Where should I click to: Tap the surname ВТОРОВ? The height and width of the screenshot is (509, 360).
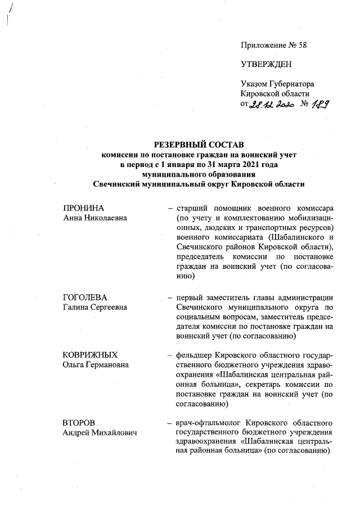79,422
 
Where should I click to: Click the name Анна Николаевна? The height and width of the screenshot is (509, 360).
94,218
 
